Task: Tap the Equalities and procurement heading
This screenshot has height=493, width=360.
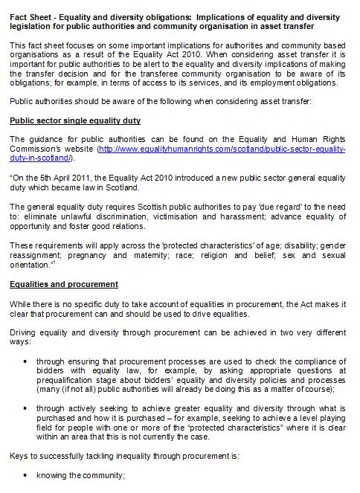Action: [63, 284]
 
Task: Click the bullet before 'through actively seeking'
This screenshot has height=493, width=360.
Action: [26, 407]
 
